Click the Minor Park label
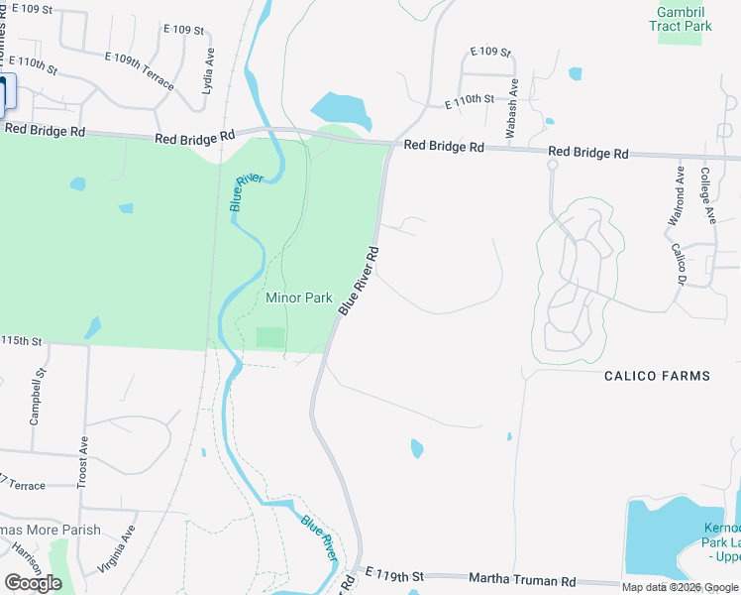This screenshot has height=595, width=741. [299, 297]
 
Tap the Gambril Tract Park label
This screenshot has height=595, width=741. [682, 19]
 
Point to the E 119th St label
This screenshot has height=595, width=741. [394, 575]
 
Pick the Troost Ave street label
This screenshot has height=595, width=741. [84, 457]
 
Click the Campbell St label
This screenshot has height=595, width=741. [39, 397]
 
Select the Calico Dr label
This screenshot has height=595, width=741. [679, 266]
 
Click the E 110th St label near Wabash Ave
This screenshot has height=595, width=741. [469, 100]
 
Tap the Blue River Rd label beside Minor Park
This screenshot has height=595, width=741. [359, 282]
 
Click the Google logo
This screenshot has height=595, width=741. [33, 583]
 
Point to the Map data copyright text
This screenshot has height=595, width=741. [680, 587]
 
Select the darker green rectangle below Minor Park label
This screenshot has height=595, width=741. [270, 337]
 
